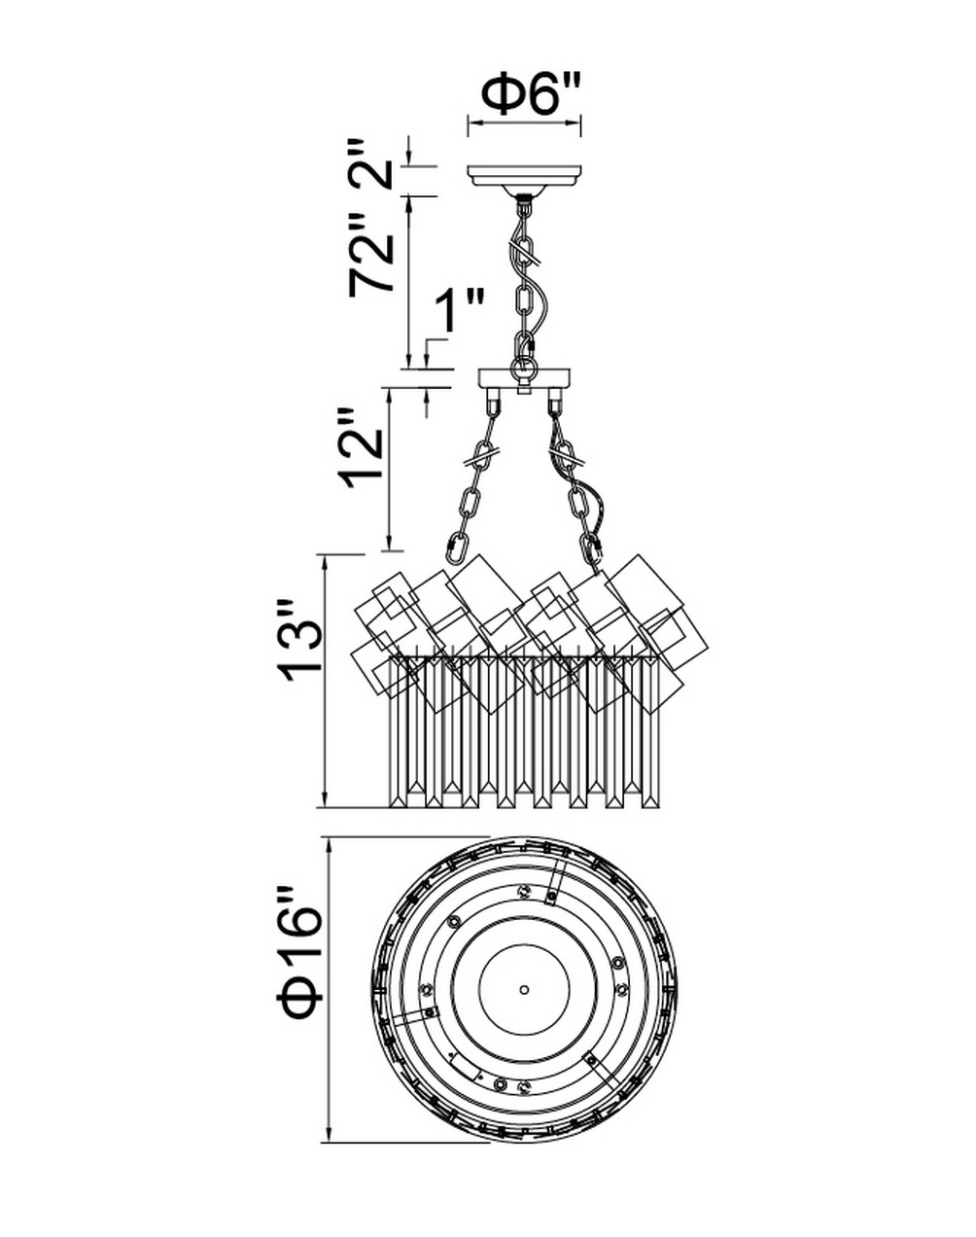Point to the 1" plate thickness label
pyautogui.click(x=458, y=311)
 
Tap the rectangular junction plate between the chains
pyautogui.click(x=524, y=377)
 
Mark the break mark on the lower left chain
pyautogui.click(x=478, y=459)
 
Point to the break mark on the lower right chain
pyautogui.click(x=568, y=459)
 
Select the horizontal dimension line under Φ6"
pyautogui.click(x=524, y=122)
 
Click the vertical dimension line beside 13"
pyautogui.click(x=326, y=681)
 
